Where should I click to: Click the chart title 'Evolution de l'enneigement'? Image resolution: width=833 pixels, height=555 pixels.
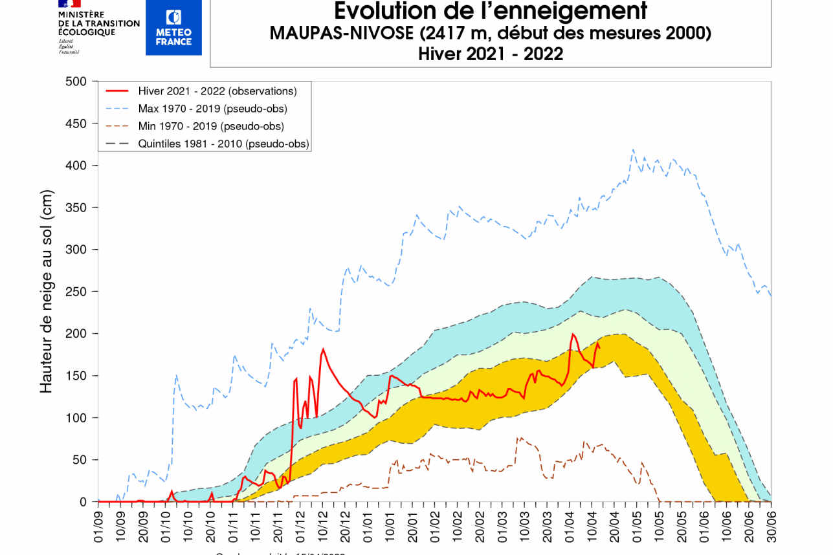(x=490, y=11)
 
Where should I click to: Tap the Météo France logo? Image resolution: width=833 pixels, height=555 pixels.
(x=173, y=27)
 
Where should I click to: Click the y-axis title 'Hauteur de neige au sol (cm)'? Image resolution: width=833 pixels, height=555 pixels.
(x=46, y=291)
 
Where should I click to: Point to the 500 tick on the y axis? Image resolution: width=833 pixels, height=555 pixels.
(x=76, y=82)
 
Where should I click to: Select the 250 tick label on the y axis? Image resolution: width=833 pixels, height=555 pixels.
(x=76, y=292)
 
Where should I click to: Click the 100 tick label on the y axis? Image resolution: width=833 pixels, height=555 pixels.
(x=76, y=418)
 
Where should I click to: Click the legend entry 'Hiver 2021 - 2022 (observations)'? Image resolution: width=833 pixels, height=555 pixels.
(x=217, y=91)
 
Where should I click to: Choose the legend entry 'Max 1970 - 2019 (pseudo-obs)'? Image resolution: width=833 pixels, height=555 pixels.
(x=212, y=108)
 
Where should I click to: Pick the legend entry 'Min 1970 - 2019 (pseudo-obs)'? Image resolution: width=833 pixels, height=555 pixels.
(x=211, y=126)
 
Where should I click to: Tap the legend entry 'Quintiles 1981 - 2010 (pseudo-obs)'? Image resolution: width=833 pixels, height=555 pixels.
(x=223, y=144)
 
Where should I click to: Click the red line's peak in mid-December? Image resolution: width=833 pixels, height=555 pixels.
(x=323, y=350)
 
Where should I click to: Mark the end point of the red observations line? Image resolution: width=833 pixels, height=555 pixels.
(x=599, y=348)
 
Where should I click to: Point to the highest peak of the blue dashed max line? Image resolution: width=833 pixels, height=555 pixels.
(x=633, y=149)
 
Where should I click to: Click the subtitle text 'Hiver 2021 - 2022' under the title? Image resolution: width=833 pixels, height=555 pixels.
(x=490, y=54)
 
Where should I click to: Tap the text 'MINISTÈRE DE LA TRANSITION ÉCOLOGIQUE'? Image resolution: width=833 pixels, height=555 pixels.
(x=98, y=23)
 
